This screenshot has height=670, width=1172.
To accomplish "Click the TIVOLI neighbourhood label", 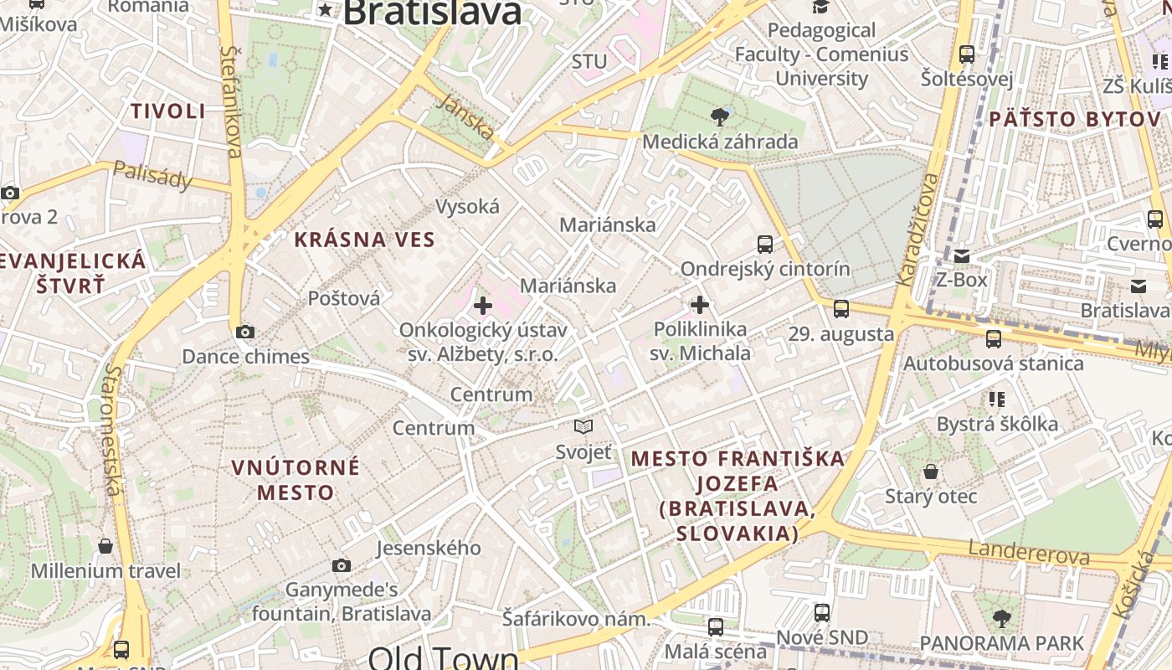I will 168,111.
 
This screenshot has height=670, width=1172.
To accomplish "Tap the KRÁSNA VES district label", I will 364,240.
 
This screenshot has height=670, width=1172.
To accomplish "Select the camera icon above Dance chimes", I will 245,332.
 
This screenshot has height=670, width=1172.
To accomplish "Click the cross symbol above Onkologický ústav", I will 483,306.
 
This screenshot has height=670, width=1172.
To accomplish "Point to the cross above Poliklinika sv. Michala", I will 700,305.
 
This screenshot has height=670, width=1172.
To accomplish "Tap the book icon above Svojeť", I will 583,427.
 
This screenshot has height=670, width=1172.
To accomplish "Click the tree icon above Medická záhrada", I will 719,116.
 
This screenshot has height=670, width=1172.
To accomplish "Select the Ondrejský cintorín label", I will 764,269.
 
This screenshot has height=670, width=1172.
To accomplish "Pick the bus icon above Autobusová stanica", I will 993,339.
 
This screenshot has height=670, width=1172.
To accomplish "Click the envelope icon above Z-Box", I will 961,255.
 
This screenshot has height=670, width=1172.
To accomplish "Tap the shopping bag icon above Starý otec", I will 931,472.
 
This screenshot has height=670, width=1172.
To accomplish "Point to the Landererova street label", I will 1029,552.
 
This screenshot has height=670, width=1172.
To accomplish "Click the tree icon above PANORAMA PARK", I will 1001,620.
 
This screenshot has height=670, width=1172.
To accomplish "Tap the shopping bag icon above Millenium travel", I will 105,547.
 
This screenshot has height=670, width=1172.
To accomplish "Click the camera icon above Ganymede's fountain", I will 341,566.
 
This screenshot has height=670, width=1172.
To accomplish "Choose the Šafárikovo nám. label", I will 576,620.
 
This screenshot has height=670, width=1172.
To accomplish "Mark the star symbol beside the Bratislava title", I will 325,11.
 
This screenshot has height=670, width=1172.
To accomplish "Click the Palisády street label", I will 152,175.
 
